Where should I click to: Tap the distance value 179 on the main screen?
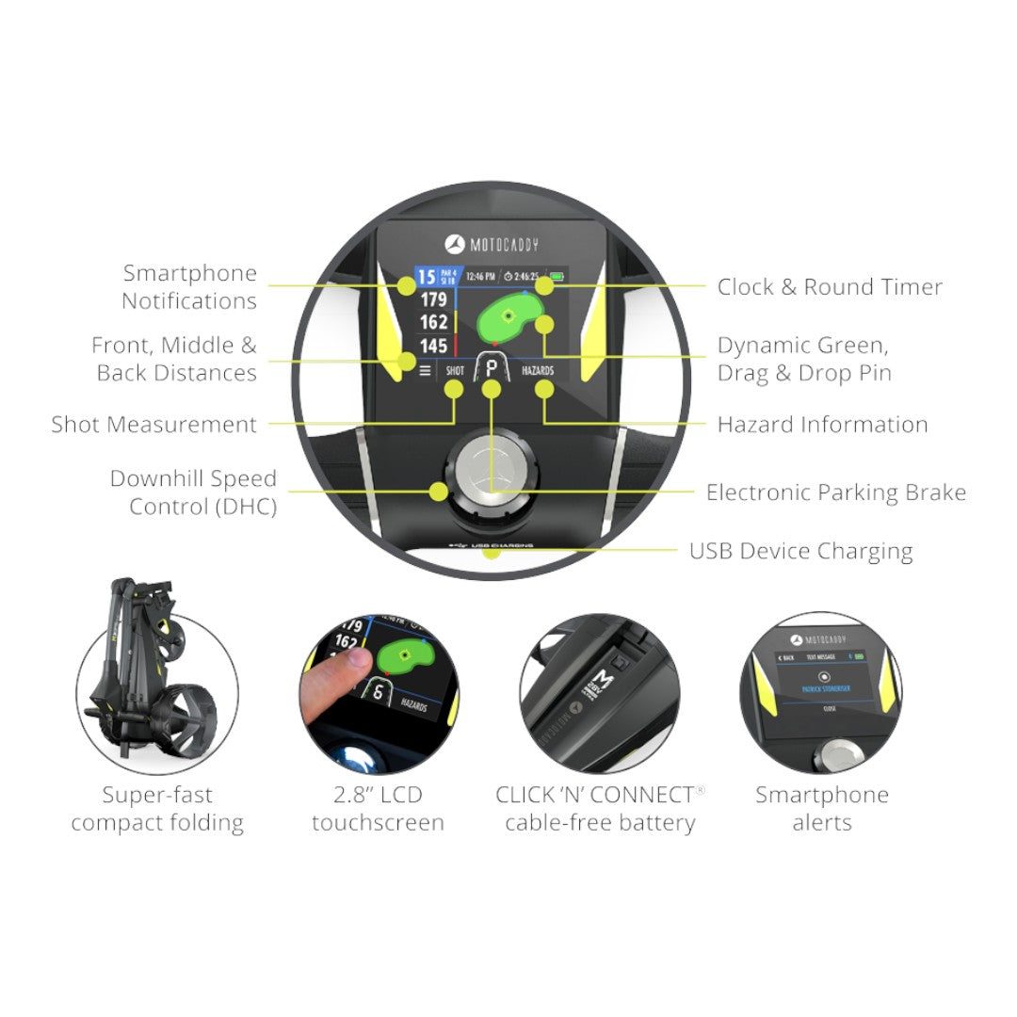pos(433,299)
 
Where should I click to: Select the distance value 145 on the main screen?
pos(433,346)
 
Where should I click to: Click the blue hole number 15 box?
pos(427,277)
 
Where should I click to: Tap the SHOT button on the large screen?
pos(455,371)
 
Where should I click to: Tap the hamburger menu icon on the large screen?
pos(425,371)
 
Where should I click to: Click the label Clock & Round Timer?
pos(829,287)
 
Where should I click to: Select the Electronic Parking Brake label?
pos(835,492)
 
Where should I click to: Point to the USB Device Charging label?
pos(800,551)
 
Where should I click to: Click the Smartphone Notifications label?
pos(189,287)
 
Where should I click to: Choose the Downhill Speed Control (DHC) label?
pos(193,492)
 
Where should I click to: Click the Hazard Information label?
pos(822,425)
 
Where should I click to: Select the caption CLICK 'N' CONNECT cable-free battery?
pos(600,808)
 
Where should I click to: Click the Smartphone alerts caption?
pos(821,808)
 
